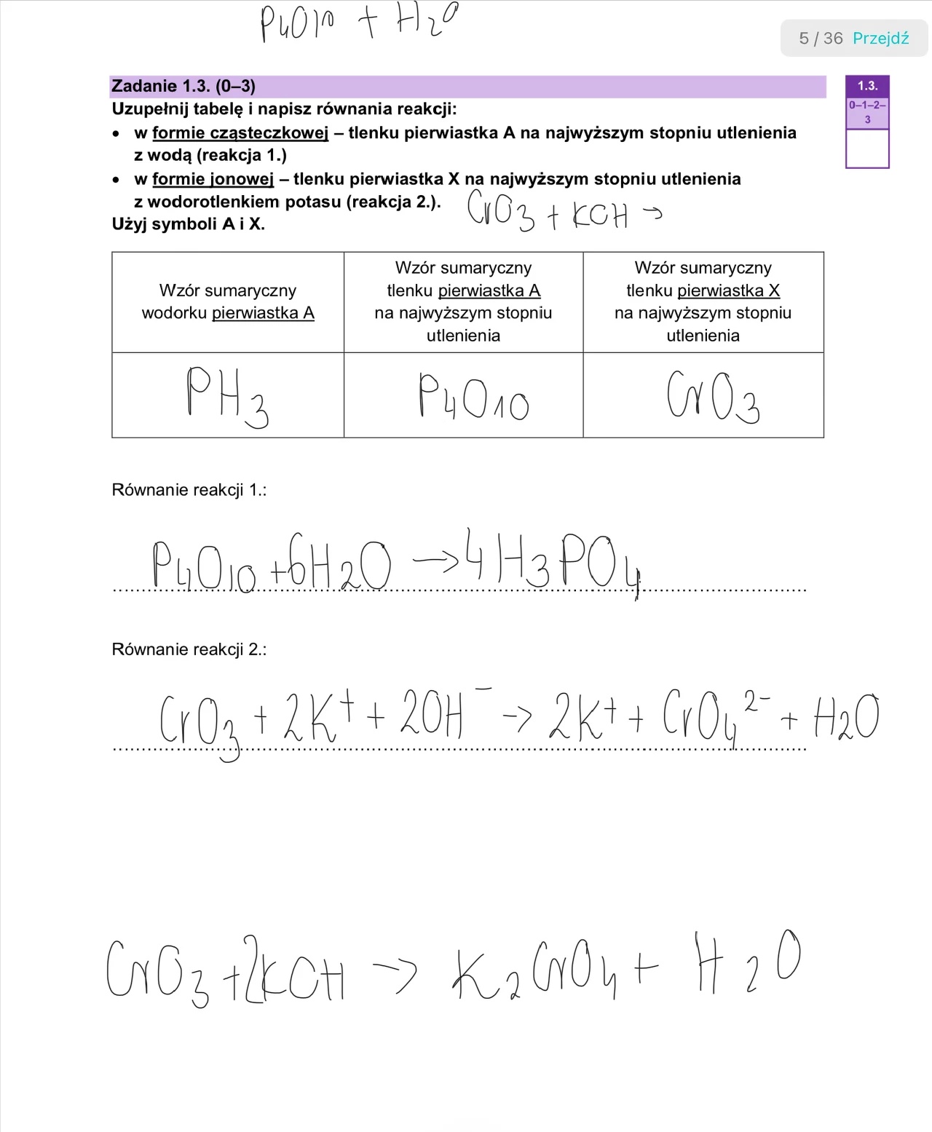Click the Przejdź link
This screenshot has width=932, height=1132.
[880, 39]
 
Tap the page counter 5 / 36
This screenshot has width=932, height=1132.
[821, 39]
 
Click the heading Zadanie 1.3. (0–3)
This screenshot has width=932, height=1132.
[183, 86]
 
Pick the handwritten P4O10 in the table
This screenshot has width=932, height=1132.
[473, 397]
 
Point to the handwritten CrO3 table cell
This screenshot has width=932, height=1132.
[712, 397]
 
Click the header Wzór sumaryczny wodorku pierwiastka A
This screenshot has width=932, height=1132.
[228, 301]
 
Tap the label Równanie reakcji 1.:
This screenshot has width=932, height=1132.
[189, 490]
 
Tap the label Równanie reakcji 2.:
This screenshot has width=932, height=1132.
[189, 649]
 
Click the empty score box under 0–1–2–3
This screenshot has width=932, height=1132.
[867, 149]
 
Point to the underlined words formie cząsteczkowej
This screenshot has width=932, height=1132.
[240, 133]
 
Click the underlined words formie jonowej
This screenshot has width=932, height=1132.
[213, 179]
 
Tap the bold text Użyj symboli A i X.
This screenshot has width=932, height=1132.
[189, 224]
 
